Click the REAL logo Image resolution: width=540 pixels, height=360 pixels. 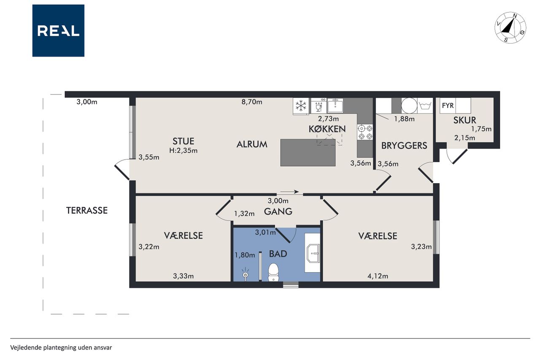(58, 31)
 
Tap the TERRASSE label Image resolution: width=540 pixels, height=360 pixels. (87, 211)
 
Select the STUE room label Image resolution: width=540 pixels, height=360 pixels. (183, 141)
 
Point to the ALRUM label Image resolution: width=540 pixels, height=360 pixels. (252, 144)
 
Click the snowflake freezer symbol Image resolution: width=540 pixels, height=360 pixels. (301, 106)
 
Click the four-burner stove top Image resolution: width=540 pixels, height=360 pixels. (365, 132)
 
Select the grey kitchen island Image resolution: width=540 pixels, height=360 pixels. (308, 152)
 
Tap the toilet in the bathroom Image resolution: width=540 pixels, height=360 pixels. (273, 272)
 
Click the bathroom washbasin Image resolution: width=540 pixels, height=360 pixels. (313, 253)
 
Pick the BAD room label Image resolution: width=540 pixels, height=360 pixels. (278, 254)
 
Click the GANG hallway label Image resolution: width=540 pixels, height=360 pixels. (278, 211)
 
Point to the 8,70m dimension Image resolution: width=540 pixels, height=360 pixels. (252, 102)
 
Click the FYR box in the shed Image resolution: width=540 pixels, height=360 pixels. (448, 106)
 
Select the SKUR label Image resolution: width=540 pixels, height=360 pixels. (464, 120)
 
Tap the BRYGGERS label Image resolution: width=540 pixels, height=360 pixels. (404, 146)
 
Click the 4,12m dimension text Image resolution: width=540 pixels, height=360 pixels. (378, 276)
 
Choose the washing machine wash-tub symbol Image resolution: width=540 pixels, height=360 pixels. (425, 106)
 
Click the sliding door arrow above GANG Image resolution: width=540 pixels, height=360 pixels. (289, 192)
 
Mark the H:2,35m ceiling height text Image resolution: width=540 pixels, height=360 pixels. (183, 151)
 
